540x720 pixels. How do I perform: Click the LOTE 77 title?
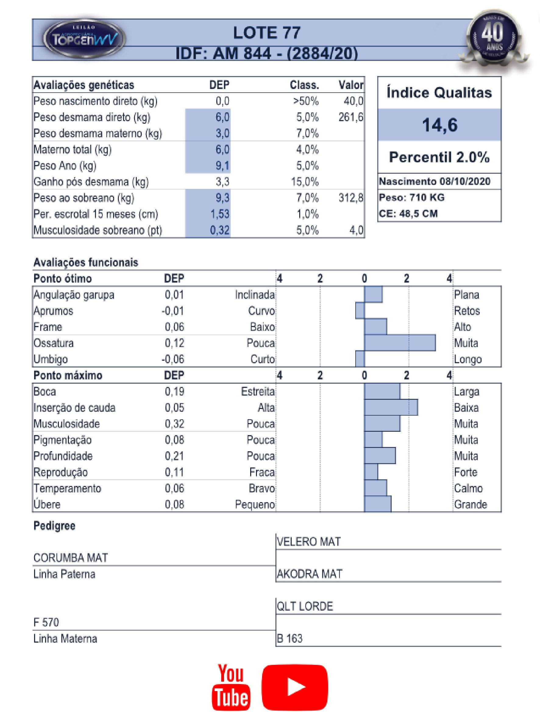coord(267,33)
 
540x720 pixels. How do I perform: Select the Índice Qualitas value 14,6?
coord(439,125)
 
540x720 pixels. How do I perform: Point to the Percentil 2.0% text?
coord(439,157)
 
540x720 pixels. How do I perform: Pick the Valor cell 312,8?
coord(350,198)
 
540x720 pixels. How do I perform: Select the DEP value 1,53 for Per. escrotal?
coord(220,214)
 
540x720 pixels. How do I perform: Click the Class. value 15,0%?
coord(305,182)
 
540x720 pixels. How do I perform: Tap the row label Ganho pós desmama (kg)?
coord(91,182)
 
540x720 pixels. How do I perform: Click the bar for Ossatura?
coord(400,343)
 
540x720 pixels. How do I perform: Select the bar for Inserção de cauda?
coord(391,407)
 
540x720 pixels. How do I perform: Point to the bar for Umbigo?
coord(360,359)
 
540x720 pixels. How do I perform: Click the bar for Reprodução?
coord(371,472)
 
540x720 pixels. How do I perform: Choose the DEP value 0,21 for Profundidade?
coord(175,456)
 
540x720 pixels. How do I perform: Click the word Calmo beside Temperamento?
coord(468,488)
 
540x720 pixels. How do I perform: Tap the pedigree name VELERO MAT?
coord(309,542)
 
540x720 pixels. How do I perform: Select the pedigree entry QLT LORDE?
coord(305,606)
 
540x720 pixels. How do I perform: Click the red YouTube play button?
coord(295,687)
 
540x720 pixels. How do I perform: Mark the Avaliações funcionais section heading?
coord(86,262)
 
